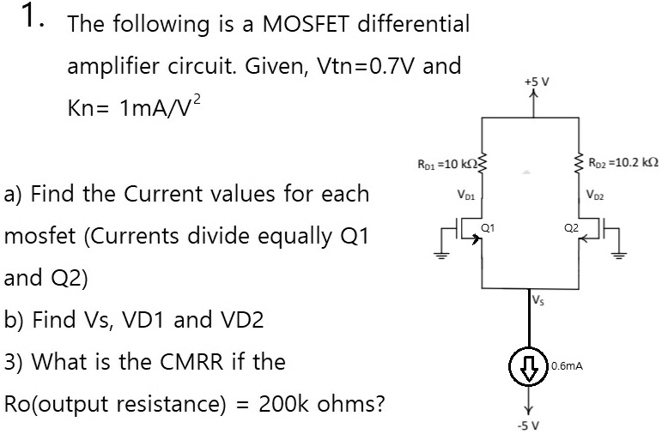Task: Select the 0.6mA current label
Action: click(x=568, y=365)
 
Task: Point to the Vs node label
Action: click(x=537, y=300)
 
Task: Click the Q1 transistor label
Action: click(x=487, y=228)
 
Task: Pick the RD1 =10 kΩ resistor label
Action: click(x=451, y=163)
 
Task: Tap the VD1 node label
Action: click(x=468, y=195)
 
